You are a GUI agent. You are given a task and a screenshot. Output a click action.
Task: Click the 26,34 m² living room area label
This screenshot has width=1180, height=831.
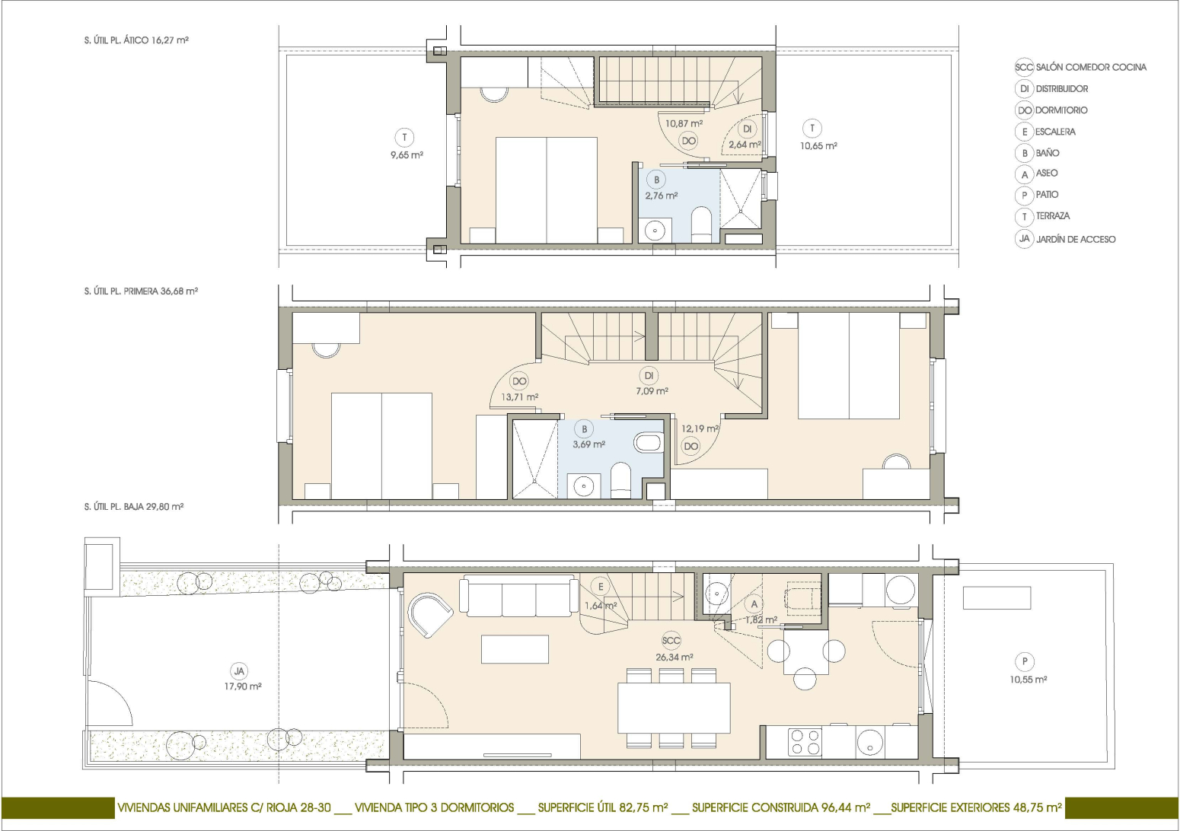coord(675,657)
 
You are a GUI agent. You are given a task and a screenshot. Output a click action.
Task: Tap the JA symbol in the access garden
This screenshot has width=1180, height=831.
coord(239,671)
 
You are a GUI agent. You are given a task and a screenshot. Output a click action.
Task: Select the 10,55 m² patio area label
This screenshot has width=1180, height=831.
coord(1029,680)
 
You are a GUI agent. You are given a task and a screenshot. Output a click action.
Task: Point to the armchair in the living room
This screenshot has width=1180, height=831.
coord(430,615)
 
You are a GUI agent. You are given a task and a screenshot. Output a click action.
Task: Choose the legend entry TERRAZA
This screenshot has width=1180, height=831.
coord(1053,216)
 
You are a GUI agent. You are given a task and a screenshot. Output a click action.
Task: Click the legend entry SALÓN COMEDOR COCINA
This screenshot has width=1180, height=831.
coord(1091,68)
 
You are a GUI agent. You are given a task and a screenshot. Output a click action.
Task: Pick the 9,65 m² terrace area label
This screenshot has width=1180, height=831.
coord(407,155)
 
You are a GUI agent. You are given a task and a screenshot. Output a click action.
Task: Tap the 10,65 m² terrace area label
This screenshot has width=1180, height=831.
coord(818,146)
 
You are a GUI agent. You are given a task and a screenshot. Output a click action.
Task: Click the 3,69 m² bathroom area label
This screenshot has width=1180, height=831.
coord(589,444)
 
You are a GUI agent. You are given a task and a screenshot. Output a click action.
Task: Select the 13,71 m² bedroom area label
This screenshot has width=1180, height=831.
coord(519,397)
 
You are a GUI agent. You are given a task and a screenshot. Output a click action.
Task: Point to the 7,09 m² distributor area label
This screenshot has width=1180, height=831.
coord(652,391)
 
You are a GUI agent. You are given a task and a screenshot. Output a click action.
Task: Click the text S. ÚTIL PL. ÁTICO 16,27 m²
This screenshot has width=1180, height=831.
coord(136,40)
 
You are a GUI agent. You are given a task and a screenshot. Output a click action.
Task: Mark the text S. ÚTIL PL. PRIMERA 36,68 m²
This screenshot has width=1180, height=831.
coord(141,291)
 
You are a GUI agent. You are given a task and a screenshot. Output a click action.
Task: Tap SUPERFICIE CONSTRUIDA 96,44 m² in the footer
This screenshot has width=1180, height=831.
coord(780,807)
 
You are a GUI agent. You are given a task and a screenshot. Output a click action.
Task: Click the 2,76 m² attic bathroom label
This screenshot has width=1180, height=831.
coord(661,196)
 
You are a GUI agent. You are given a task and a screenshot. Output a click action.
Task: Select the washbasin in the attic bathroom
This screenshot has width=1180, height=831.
coord(655,230)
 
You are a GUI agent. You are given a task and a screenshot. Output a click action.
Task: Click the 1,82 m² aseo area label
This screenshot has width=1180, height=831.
coord(761,620)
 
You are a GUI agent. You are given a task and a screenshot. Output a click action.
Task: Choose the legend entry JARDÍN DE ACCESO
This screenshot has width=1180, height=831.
coord(1076,240)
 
